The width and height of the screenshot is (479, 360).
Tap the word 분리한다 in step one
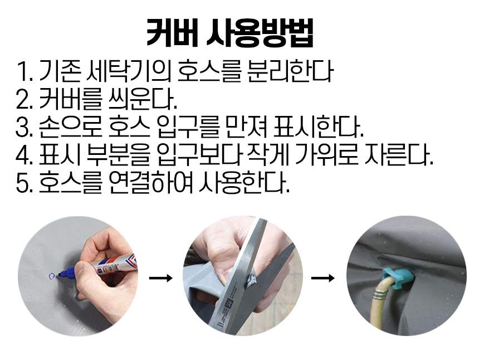coord(290,71)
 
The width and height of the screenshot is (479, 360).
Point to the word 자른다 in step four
coord(399,156)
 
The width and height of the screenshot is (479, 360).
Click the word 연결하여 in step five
coord(151,184)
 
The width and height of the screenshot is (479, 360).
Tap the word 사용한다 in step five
coord(245,184)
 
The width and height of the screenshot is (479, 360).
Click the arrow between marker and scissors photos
coord(160,278)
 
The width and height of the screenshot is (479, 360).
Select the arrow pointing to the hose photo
coord(322,278)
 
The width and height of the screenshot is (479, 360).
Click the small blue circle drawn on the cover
coord(52,276)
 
